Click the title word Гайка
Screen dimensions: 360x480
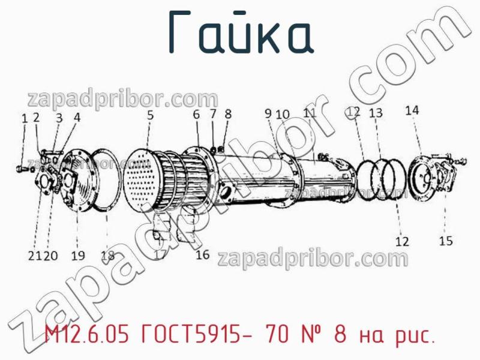point(240,34)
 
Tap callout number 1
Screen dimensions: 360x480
point(25,119)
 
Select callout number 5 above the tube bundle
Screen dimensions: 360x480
point(150,113)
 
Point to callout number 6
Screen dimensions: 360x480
point(196,114)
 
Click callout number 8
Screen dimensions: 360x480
point(228,113)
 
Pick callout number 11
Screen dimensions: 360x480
point(310,113)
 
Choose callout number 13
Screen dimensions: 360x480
point(376,113)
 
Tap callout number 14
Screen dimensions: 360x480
point(412,110)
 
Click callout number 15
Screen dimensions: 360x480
point(446,241)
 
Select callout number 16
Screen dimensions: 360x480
point(203,254)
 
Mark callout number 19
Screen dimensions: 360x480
point(78,256)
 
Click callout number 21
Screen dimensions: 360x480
point(34,256)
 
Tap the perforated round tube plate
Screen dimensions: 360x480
point(143,177)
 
